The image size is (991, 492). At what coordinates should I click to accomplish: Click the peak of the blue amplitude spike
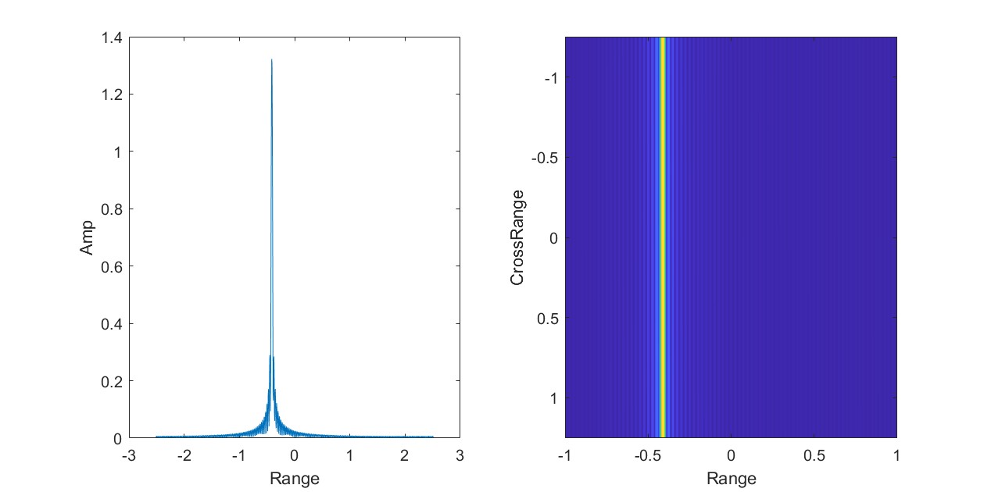point(271,60)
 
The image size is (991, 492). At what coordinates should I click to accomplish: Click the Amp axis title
point(87,237)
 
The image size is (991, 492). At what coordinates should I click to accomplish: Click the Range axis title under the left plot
point(294,478)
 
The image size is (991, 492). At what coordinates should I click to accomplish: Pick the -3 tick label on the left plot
point(128,455)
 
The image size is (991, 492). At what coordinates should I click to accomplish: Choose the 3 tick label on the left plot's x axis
point(459,455)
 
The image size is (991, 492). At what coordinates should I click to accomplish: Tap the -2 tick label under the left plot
point(183,455)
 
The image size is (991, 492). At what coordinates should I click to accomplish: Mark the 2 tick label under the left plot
point(404,455)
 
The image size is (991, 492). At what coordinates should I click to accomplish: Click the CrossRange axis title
point(517,237)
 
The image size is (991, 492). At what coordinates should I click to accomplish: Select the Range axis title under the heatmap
point(731,478)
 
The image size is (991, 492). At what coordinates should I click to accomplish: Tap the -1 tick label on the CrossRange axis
point(549,78)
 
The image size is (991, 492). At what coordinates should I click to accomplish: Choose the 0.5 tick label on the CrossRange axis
point(546,318)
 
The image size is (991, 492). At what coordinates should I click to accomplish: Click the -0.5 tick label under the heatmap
point(646,455)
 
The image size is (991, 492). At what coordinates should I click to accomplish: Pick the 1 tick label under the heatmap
point(896,455)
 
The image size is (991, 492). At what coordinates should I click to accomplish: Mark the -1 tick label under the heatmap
point(563,455)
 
